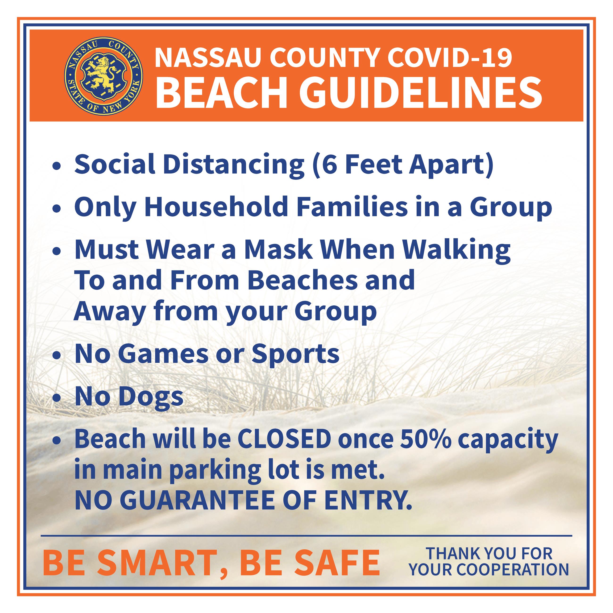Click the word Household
tap(216, 207)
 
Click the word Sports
tap(295, 354)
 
